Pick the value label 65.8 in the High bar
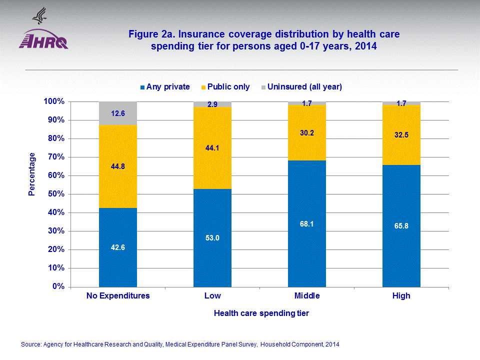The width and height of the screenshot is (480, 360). click(401, 226)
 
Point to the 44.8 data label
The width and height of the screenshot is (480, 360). click(118, 166)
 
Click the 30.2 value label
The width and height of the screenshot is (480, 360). click(307, 133)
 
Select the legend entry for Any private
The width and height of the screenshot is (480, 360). click(164, 87)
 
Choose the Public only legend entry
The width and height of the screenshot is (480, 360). click(225, 87)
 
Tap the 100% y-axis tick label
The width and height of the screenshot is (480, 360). click(54, 101)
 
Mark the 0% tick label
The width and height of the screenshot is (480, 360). click(58, 286)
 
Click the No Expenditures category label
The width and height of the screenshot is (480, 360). click(118, 296)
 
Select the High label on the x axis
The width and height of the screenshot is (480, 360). click(401, 296)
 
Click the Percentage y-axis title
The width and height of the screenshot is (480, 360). click(32, 174)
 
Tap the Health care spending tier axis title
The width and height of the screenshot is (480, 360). click(261, 313)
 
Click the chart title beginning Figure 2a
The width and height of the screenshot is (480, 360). click(264, 40)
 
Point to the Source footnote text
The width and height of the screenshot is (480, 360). click(180, 344)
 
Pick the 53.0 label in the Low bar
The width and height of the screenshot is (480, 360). click(212, 238)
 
